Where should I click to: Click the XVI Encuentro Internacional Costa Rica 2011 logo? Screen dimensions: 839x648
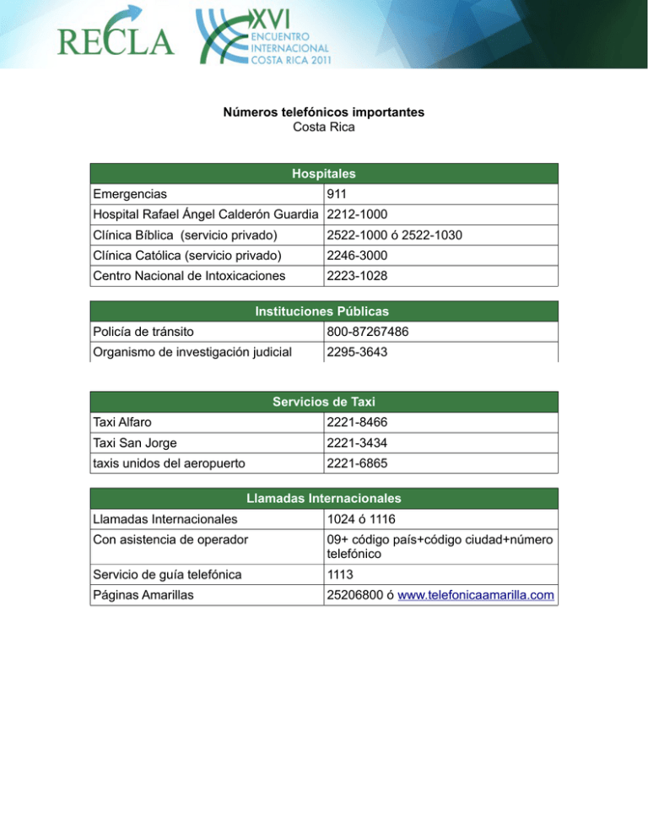(263, 38)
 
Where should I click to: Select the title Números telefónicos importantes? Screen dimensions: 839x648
(323, 112)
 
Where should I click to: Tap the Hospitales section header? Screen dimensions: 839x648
(323, 174)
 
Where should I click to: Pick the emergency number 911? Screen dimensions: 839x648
(337, 194)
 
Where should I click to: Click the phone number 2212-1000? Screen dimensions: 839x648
(358, 214)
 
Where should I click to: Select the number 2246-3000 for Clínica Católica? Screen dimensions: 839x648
(358, 256)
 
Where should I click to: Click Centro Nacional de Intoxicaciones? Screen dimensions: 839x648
(189, 276)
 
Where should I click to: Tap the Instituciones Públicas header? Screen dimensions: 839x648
(323, 311)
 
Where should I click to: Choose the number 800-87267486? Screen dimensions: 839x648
(368, 332)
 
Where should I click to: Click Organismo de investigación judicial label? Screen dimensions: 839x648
(192, 352)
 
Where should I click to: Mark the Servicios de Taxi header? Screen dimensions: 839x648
(323, 402)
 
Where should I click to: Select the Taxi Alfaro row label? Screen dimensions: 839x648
(122, 423)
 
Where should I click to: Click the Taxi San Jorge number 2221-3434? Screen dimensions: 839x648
(358, 443)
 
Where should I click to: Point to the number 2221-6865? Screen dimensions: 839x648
(358, 463)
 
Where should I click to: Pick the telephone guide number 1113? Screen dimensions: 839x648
(342, 575)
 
